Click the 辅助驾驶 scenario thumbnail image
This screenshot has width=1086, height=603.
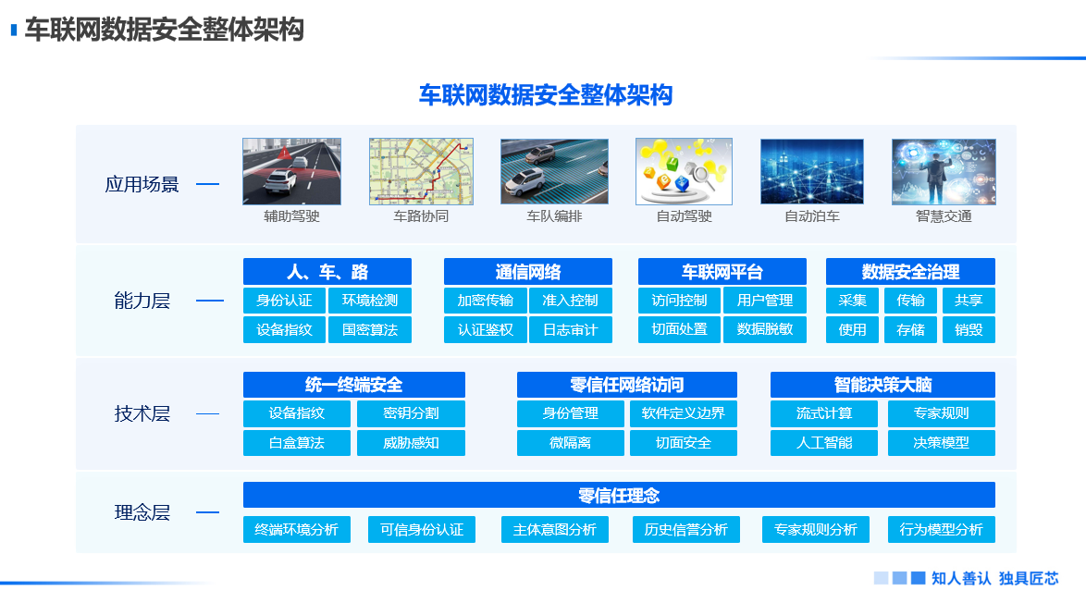click(x=291, y=171)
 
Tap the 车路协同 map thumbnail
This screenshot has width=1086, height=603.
click(x=421, y=171)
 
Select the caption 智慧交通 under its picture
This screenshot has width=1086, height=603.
click(x=944, y=216)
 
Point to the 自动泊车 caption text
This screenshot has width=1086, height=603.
click(x=812, y=216)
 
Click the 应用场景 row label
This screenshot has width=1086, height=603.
click(x=142, y=184)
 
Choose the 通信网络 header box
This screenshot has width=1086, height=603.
click(x=527, y=272)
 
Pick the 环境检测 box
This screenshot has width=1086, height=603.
click(x=370, y=301)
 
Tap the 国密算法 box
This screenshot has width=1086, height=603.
click(x=370, y=329)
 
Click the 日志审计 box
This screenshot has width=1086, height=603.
click(x=570, y=329)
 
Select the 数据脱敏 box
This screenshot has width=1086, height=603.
click(x=765, y=329)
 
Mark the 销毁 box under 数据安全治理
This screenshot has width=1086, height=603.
click(x=969, y=329)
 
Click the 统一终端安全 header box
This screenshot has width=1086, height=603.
click(x=353, y=385)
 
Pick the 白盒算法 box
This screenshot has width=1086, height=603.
click(x=297, y=443)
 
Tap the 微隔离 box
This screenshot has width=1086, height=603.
click(x=570, y=443)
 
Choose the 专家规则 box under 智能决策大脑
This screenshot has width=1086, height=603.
click(x=942, y=413)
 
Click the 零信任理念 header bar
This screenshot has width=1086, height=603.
click(x=619, y=496)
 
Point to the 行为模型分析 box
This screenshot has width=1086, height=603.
click(x=942, y=530)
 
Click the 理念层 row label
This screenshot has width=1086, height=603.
click(x=142, y=512)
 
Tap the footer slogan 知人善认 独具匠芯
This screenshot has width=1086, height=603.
click(x=994, y=578)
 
